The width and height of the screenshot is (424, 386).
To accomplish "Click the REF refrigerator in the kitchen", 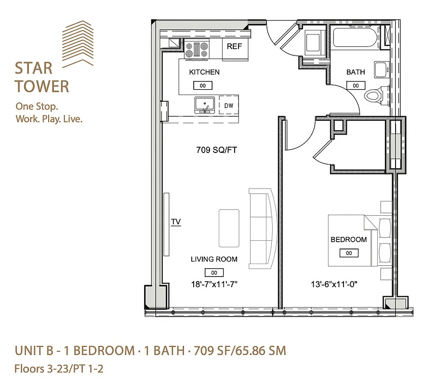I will [235, 50].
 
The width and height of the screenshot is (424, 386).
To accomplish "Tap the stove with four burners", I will [197, 50].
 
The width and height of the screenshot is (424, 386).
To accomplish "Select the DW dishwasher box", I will [228, 105].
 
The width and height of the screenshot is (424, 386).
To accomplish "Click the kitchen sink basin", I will [205, 104].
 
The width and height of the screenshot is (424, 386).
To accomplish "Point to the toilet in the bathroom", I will [375, 95].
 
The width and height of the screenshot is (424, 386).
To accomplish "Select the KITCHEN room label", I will [204, 72].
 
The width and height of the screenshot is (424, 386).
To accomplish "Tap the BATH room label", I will [356, 72].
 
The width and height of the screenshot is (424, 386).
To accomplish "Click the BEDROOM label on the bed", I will [348, 239].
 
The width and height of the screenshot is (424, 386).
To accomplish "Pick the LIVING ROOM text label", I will [214, 259].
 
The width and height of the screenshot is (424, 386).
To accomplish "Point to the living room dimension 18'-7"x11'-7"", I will [214, 285].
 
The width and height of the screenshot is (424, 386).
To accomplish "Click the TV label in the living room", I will [176, 222].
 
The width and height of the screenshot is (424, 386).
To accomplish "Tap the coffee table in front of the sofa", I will [229, 228].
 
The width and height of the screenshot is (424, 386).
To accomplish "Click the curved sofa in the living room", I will [263, 228].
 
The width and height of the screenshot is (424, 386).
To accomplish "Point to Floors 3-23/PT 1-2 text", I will [59, 370].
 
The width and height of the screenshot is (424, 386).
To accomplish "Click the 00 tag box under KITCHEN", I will [203, 85].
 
